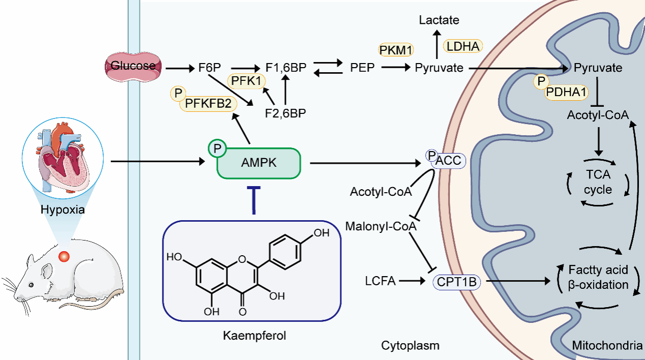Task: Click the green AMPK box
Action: (259, 163)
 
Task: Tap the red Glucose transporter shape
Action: (133, 66)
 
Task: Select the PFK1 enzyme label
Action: (246, 80)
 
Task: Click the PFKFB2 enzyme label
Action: (208, 104)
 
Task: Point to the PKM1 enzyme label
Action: (396, 50)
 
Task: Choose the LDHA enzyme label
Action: (462, 47)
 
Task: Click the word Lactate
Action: (439, 20)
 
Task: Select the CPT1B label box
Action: (456, 281)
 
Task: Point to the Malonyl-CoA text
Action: (380, 226)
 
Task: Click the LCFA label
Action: (380, 280)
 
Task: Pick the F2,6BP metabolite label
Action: (285, 112)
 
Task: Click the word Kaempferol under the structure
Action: (251, 336)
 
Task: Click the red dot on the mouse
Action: (64, 257)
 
